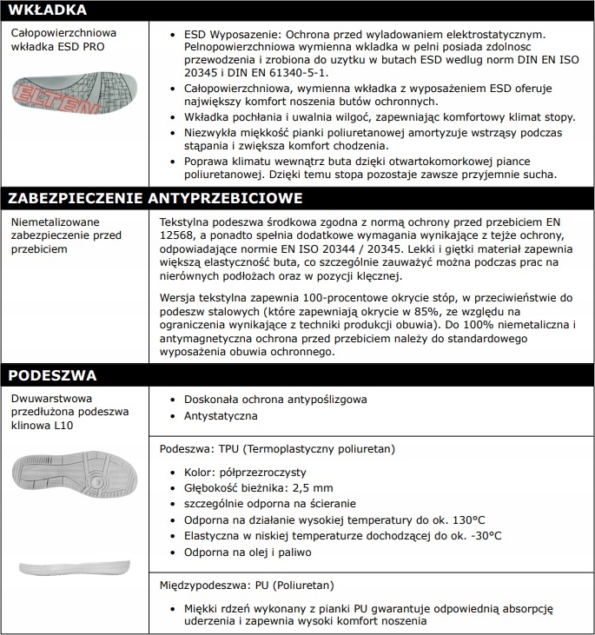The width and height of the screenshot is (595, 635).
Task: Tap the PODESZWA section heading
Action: point(50,375)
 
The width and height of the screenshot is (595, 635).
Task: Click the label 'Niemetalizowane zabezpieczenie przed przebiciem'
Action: point(65,235)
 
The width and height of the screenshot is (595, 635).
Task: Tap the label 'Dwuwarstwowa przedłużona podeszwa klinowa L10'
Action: point(69,411)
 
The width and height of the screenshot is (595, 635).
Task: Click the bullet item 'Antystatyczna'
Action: point(220,415)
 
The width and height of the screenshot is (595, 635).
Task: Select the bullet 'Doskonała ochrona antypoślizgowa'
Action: point(275,399)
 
